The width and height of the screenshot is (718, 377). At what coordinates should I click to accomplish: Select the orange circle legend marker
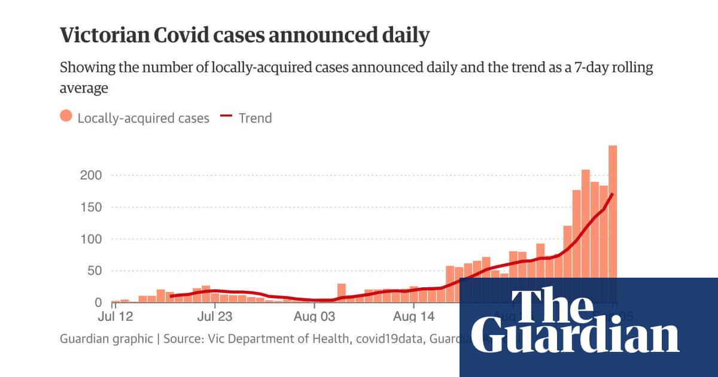tap(66, 117)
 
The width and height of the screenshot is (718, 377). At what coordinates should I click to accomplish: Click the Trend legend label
tap(255, 118)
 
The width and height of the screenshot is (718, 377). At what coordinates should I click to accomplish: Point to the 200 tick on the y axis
tap(91, 175)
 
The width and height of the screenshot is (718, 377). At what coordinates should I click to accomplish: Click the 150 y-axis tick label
tap(91, 207)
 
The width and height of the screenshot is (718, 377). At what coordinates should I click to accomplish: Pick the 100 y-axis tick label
tap(91, 239)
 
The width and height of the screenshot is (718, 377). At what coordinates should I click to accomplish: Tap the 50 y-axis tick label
tap(95, 270)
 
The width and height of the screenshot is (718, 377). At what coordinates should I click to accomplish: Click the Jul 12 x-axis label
tap(114, 315)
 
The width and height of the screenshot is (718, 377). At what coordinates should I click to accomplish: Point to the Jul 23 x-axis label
tap(214, 315)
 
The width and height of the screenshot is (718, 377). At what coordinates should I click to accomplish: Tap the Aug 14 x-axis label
tap(414, 315)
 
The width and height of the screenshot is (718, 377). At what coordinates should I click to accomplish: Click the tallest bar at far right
tap(613, 209)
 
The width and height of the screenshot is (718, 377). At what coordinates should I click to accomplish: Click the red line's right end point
tap(612, 194)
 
